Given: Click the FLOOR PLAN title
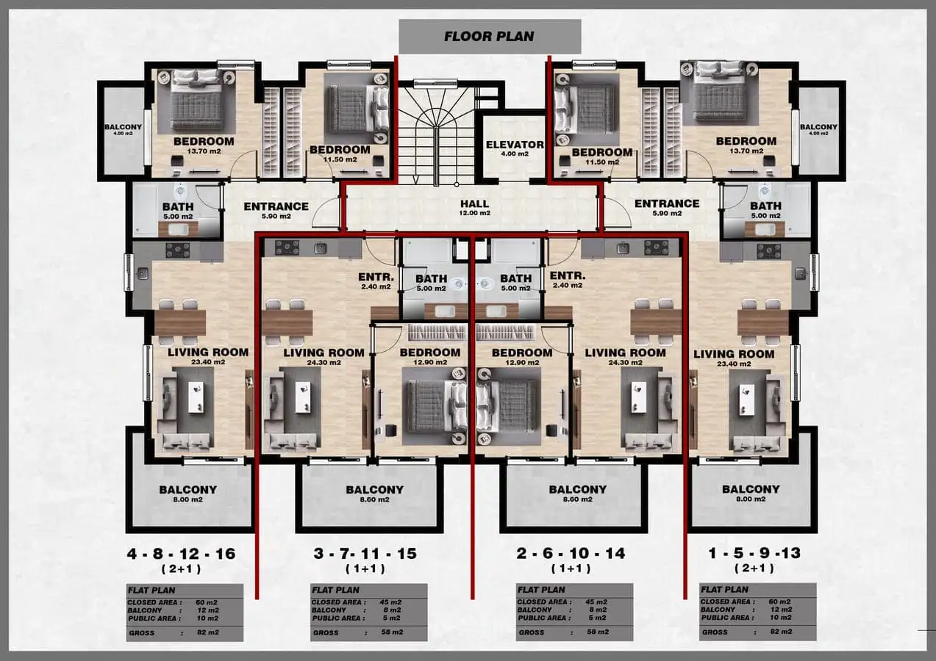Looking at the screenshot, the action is pos(489,36).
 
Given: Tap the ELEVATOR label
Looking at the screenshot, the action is pos(515,145).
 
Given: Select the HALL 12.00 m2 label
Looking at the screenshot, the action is pos(475,207).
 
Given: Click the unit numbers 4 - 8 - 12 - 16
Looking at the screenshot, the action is pos(182,554).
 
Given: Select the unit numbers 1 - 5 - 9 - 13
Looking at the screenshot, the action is pos(754,553).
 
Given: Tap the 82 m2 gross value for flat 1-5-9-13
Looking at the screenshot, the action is pos(781,632).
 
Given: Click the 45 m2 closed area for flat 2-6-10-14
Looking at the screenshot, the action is pos(596,602).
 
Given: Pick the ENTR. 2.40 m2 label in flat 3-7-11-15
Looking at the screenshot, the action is pos(376,281).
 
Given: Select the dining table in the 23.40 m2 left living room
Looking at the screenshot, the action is pos(180,322).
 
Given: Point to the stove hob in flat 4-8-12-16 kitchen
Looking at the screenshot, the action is pos(178,250).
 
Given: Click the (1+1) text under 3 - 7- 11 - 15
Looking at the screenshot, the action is pos(365,568).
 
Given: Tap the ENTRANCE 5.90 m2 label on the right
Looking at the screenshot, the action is pos(667,208).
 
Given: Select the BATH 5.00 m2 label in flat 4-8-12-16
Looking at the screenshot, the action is pos(178,211).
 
